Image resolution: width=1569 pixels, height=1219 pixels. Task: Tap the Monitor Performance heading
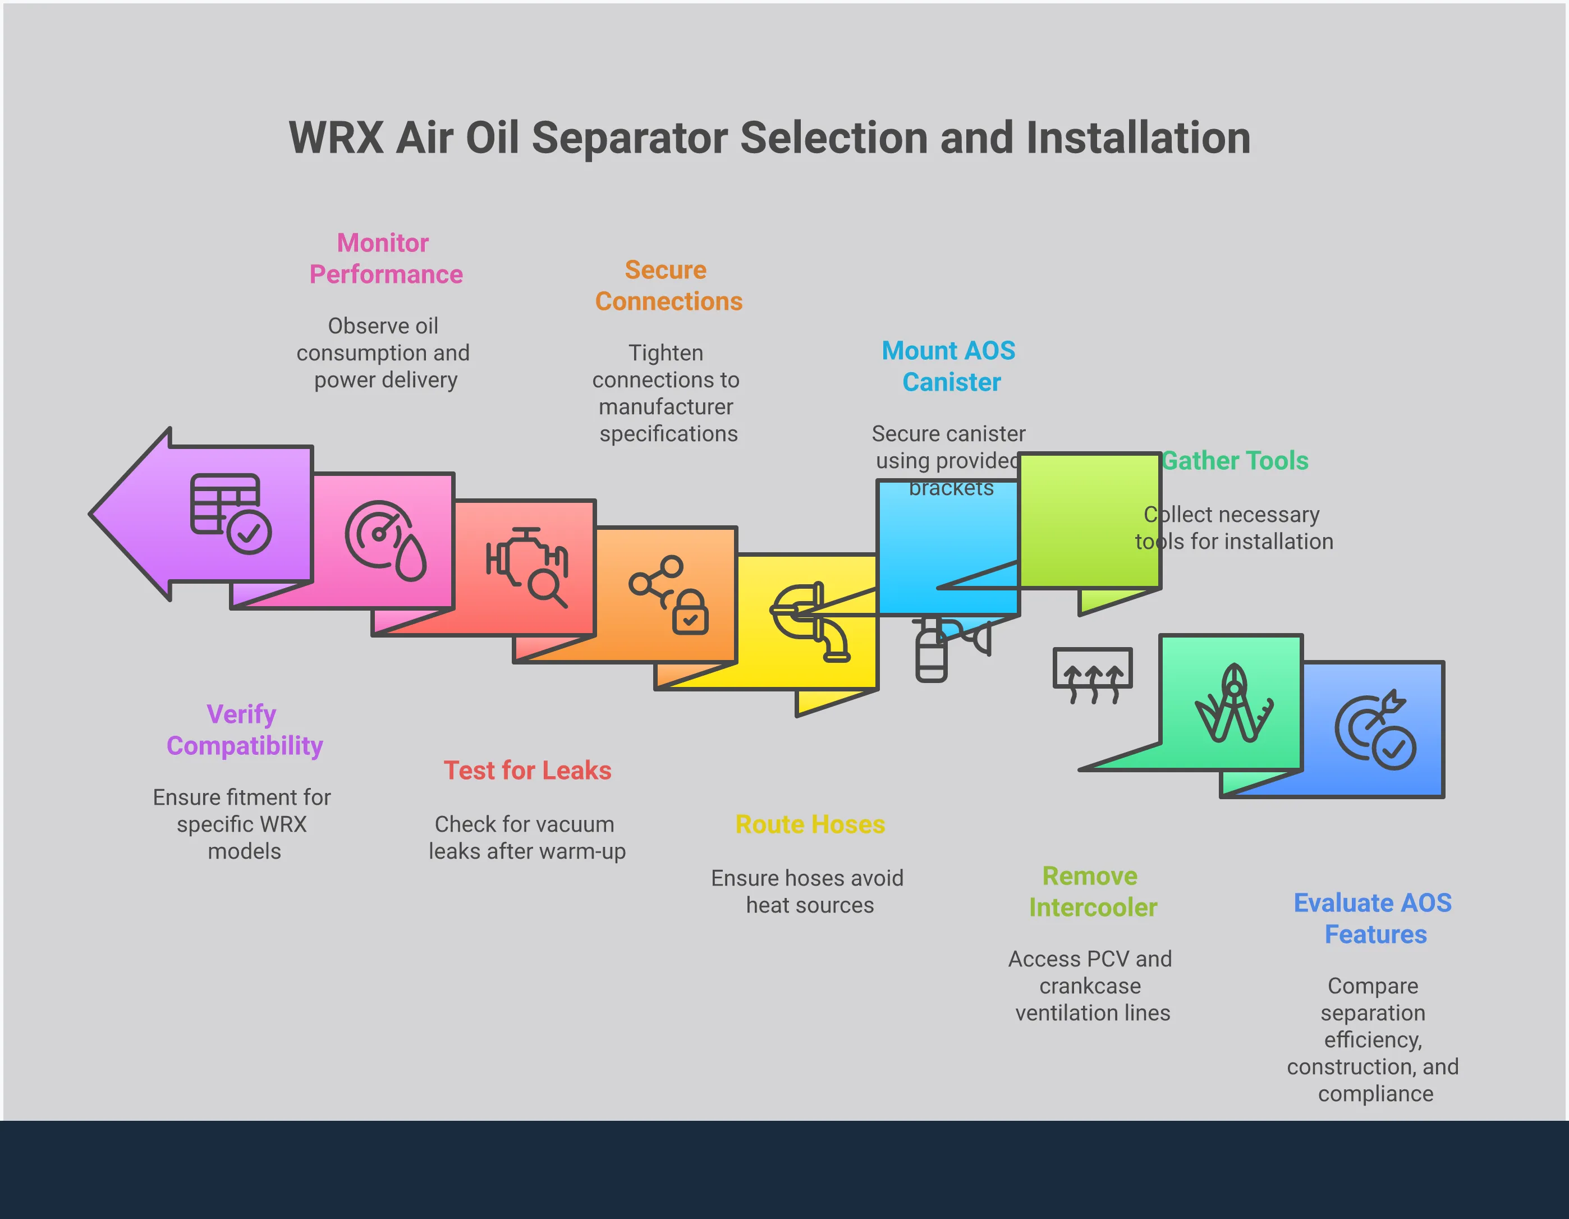(x=384, y=259)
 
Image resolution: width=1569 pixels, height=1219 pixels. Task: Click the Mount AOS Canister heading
(x=949, y=366)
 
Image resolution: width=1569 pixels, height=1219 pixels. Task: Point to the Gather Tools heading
(x=1236, y=460)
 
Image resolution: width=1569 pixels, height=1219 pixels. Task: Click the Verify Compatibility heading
(x=244, y=730)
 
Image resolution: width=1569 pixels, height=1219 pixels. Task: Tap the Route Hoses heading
(x=810, y=824)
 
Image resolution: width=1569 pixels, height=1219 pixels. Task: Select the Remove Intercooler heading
(x=1092, y=891)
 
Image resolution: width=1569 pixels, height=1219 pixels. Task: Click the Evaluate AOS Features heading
(x=1373, y=918)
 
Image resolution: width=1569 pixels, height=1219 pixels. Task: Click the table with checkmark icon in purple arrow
(x=230, y=513)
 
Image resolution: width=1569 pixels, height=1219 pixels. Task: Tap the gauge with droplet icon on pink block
(x=386, y=540)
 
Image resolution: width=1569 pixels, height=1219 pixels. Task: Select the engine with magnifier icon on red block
(x=527, y=567)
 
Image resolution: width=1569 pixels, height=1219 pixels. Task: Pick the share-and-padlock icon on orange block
(x=669, y=595)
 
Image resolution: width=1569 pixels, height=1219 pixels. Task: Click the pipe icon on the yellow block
(x=810, y=621)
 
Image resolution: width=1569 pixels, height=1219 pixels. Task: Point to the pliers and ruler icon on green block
(x=1233, y=703)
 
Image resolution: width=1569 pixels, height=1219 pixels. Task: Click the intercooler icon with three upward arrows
(x=1092, y=675)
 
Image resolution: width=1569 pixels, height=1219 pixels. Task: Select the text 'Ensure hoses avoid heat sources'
(x=808, y=891)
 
